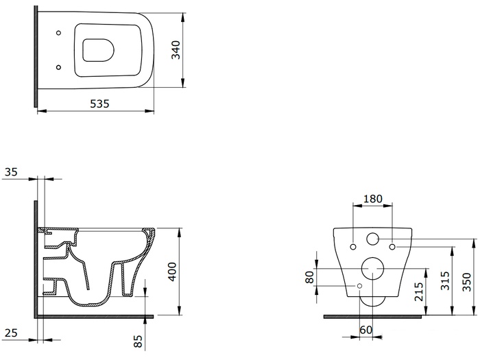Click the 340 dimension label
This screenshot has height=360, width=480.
pos(176,50)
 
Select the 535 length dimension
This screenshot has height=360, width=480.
pos(99,104)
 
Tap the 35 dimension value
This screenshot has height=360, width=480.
pos(11,172)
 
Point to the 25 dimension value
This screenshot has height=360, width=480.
pos(11,333)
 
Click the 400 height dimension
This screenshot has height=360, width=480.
pos(172,272)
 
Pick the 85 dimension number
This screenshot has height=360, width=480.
pos(138,341)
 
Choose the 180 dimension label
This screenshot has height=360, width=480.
pos(372,199)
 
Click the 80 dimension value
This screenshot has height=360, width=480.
pos(310,277)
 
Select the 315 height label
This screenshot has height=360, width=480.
pos(444,280)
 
